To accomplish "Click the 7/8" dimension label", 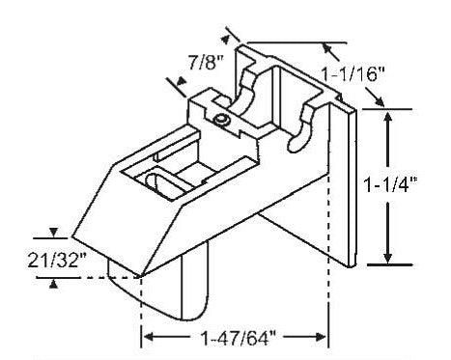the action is point(206,63).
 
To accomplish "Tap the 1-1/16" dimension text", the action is point(352,76).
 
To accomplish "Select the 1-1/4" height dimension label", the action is point(389,185).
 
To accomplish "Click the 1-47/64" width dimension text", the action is point(239,339).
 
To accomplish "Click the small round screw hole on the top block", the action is point(222,120).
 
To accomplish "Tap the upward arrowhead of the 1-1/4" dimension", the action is point(388,118).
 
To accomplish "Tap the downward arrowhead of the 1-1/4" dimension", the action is point(388,257).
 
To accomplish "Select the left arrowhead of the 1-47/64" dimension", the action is point(149,337).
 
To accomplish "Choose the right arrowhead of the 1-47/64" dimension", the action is point(321,337).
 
